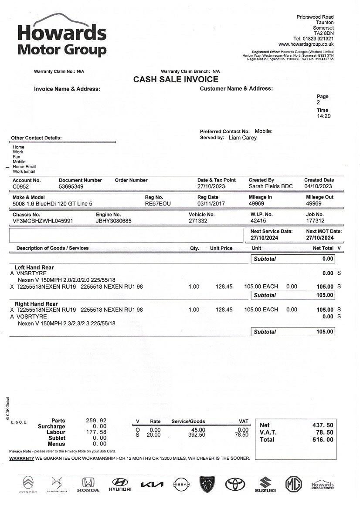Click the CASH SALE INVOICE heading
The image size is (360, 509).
click(176, 80)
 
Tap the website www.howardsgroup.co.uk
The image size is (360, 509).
click(306, 44)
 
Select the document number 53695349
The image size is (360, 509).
click(71, 186)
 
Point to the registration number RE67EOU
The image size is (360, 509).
click(158, 203)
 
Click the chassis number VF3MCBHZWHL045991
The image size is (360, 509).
click(43, 221)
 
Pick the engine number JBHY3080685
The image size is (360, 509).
click(114, 221)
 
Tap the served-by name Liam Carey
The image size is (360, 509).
click(243, 138)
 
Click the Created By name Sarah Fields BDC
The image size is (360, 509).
click(271, 186)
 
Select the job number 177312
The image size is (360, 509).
click(315, 221)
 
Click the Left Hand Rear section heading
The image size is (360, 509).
click(34, 267)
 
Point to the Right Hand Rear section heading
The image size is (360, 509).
click(36, 304)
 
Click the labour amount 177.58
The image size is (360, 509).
click(96, 432)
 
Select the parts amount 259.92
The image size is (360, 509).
click(96, 421)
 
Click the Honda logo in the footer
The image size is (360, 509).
click(88, 484)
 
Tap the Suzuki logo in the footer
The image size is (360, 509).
click(265, 484)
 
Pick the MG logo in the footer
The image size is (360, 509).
click(293, 484)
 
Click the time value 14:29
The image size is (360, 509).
click(323, 116)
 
